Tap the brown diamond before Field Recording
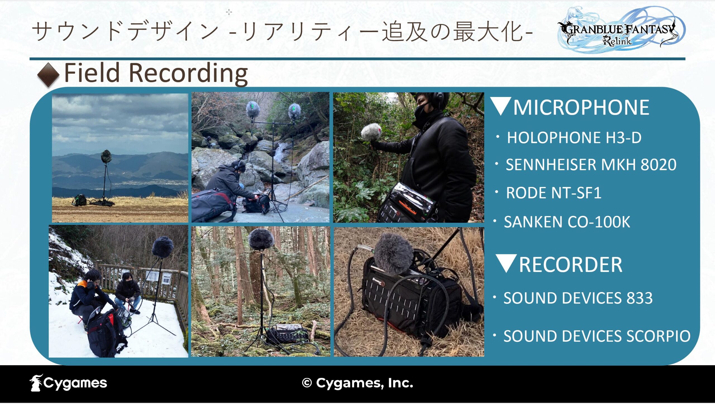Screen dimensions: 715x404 pyautogui.click(x=48, y=75)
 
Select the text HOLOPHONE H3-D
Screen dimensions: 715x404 pyautogui.click(x=574, y=137)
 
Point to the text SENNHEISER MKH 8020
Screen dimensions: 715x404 pyautogui.click(x=591, y=164)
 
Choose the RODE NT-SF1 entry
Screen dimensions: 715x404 pyautogui.click(x=554, y=193)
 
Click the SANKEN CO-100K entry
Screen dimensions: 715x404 pyautogui.click(x=567, y=222)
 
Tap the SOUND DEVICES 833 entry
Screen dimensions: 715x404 pyautogui.click(x=578, y=298)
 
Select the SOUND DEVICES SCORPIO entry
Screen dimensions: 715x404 pyautogui.click(x=597, y=336)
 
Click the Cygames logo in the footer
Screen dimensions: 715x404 pyautogui.click(x=68, y=383)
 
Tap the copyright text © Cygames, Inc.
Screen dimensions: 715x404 pyautogui.click(x=357, y=383)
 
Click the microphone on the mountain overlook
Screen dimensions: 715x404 pyautogui.click(x=106, y=156)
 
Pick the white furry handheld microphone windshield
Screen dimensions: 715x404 pyautogui.click(x=371, y=132)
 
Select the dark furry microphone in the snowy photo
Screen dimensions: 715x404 pyautogui.click(x=163, y=247)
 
